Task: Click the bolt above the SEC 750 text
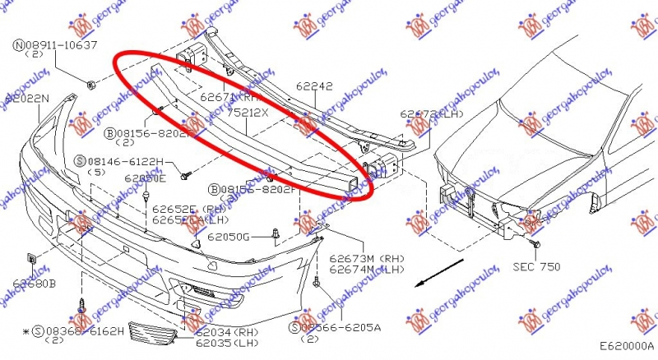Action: (536, 245)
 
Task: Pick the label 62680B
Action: (34, 284)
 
